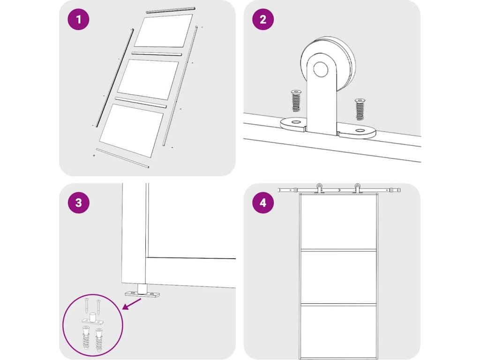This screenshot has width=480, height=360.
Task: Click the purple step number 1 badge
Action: click(78, 19)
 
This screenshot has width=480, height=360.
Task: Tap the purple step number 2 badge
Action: click(263, 19)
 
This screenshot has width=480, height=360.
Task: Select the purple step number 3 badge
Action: click(78, 202)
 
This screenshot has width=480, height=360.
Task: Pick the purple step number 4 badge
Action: click(263, 202)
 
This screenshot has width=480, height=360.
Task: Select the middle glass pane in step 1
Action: click(148, 79)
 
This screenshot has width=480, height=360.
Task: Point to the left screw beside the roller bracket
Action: click(296, 101)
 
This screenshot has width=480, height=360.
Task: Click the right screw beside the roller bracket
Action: click(360, 109)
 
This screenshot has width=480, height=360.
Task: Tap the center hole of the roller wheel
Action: click(321, 69)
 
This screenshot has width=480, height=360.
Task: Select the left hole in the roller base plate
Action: click(296, 122)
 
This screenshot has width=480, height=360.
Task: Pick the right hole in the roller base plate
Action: click(360, 131)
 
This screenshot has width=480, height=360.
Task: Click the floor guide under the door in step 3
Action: click(142, 292)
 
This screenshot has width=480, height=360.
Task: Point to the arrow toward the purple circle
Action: click(132, 304)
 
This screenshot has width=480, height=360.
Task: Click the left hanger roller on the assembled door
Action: click(319, 188)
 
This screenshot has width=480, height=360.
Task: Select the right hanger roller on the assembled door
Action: click(357, 188)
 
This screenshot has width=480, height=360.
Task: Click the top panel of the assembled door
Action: click(338, 222)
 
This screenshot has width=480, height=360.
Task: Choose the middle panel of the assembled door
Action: click(338, 277)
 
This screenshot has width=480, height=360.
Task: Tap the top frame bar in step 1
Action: click(170, 10)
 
